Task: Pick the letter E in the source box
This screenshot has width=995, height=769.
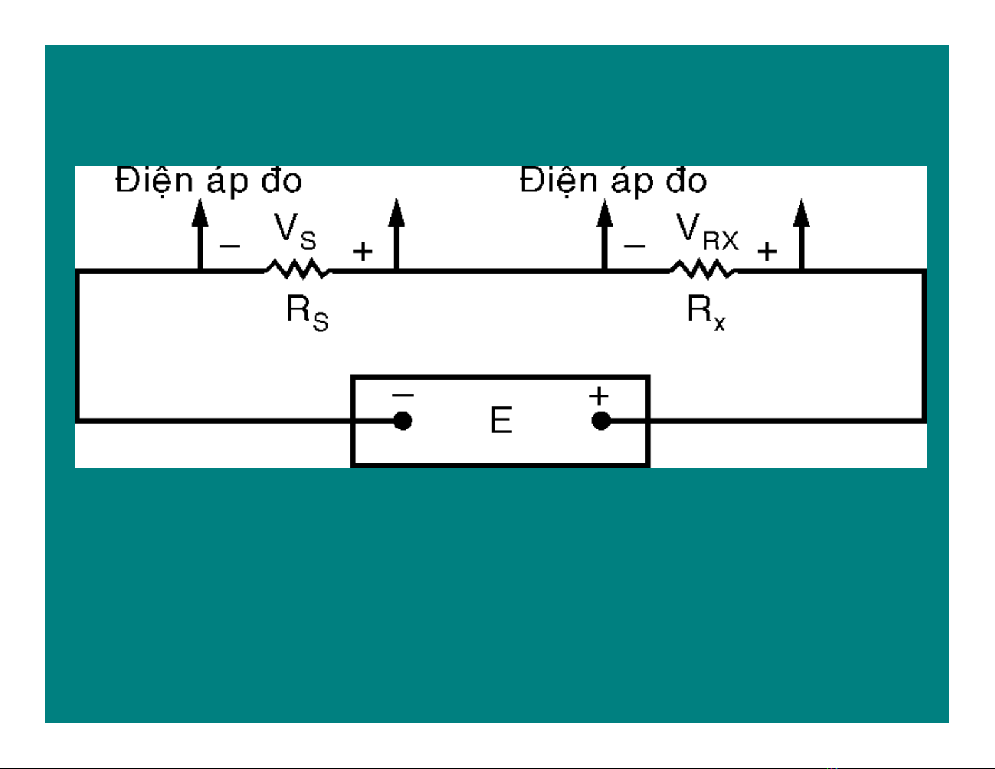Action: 500,420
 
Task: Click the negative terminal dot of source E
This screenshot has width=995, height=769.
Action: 402,421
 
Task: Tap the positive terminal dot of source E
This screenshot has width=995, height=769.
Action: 601,421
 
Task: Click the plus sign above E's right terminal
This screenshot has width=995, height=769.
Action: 599,396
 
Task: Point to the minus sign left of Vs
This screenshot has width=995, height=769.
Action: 230,246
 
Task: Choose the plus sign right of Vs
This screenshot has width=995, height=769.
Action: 363,252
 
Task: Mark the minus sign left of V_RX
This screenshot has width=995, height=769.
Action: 635,246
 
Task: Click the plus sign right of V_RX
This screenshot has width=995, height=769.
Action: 767,252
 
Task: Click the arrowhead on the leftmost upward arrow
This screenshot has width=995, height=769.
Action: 200,213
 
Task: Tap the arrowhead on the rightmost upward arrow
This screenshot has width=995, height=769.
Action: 801,213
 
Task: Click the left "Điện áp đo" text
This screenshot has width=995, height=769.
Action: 208,181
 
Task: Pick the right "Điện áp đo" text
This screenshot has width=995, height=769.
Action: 613,181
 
